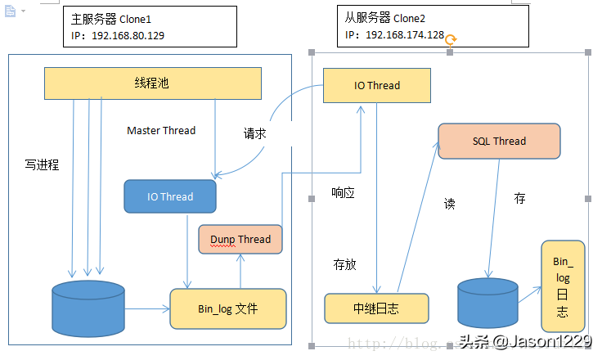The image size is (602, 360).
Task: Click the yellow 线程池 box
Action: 152,83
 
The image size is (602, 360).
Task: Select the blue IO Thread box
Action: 170,196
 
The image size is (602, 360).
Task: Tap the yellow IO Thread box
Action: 377,85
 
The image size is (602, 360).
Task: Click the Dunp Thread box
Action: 240,239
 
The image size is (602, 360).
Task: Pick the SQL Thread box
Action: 499,141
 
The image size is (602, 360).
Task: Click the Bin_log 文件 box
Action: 228,308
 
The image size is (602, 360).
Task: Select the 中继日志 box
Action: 376,308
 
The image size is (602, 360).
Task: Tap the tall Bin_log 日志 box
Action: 563,286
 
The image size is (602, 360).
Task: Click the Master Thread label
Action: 161,130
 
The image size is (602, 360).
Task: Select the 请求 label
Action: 254,133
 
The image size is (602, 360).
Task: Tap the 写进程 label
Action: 42,164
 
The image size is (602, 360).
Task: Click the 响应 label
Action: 343,193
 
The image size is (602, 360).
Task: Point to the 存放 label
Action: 344,264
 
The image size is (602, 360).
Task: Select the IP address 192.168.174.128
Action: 405,35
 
